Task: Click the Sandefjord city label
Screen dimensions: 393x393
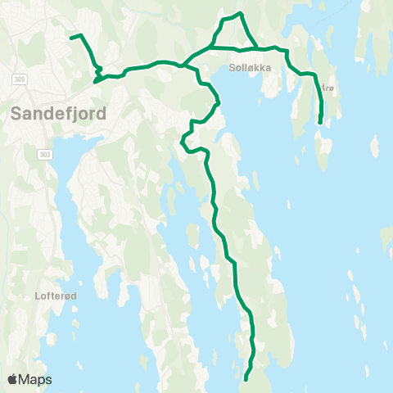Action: (59, 114)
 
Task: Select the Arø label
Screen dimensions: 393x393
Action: (327, 87)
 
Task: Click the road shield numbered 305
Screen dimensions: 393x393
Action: (20, 79)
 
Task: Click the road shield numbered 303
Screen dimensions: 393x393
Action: (44, 154)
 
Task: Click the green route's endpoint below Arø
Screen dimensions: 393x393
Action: (319, 123)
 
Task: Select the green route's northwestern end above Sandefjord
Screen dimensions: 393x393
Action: (70, 37)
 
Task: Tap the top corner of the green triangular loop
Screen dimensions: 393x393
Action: (239, 13)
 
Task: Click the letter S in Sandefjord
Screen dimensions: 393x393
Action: (18, 114)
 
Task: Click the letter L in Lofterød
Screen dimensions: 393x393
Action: (38, 296)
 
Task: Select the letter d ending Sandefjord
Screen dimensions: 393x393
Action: (101, 114)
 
